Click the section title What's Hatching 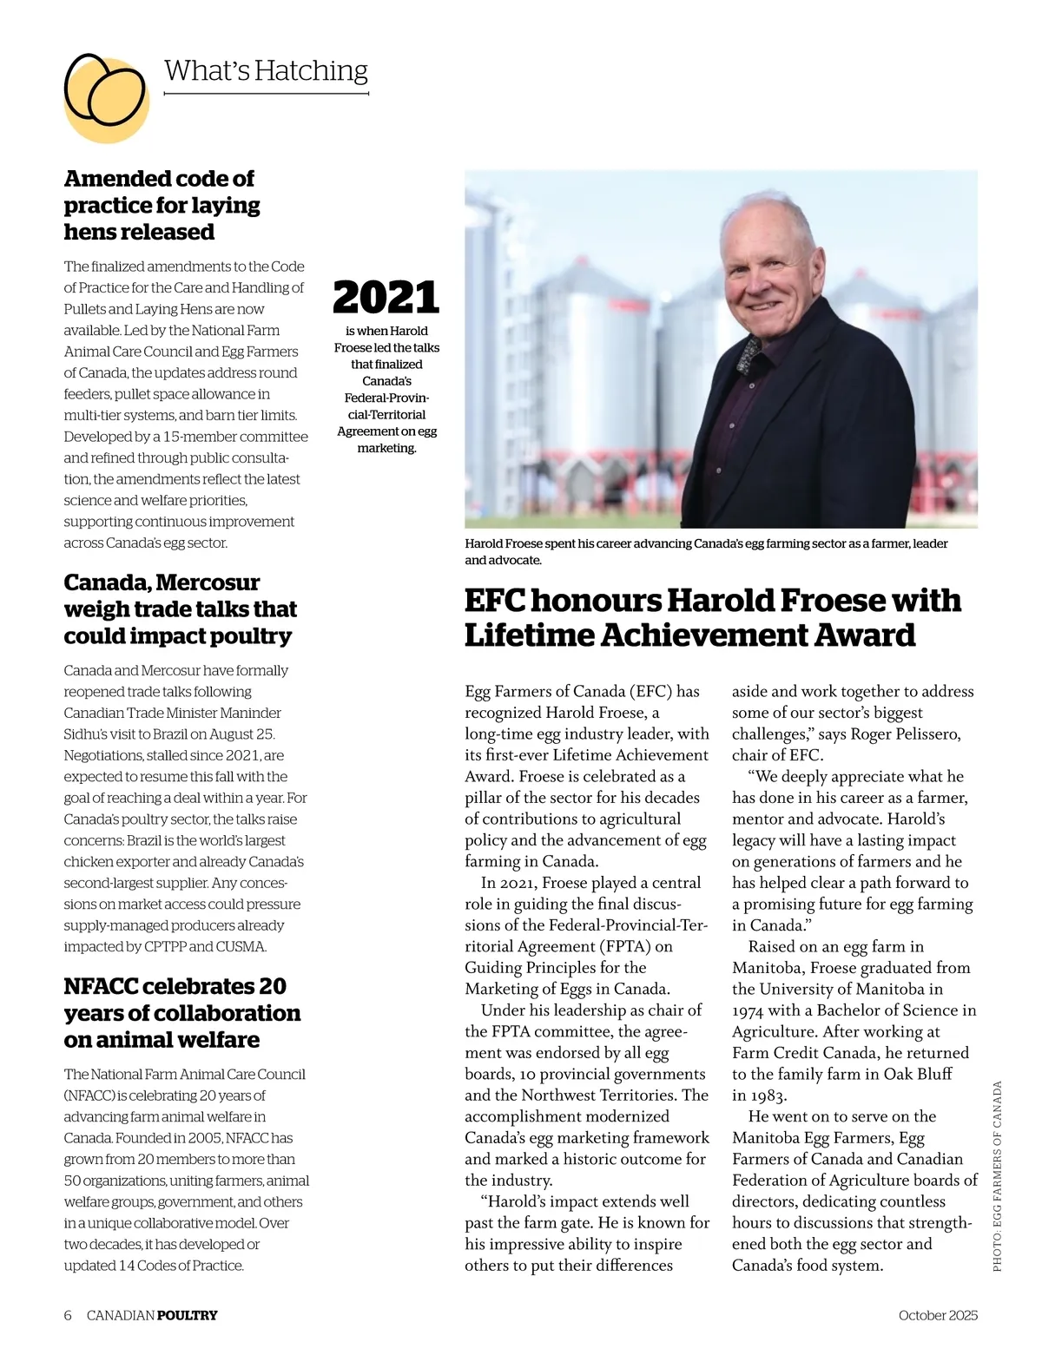click(266, 70)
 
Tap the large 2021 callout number click(386, 297)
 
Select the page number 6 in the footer click(68, 1315)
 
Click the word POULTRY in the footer click(188, 1315)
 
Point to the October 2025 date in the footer click(938, 1315)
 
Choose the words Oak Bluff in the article click(918, 1074)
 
